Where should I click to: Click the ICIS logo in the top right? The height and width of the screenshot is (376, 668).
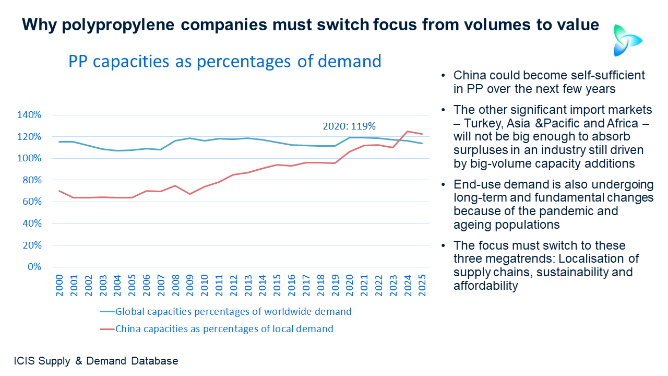627,40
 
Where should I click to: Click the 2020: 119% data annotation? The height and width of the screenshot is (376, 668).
349,126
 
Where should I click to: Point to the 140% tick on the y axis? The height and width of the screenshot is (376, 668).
30,115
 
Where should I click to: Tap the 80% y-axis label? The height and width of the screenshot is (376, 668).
31,180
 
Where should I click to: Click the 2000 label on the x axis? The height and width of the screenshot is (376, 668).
59,285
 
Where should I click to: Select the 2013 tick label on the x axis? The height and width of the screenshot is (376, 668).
247,285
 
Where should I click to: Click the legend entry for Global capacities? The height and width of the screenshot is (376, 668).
233,312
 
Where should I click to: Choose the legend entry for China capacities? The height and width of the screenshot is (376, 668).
223,329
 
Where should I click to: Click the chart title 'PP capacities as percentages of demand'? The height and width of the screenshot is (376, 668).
225,62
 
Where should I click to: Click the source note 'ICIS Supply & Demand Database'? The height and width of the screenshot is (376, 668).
96,361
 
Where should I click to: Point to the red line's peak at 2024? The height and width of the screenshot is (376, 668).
407,132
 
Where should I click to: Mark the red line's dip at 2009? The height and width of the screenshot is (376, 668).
189,194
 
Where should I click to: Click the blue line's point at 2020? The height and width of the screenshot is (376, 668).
349,137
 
